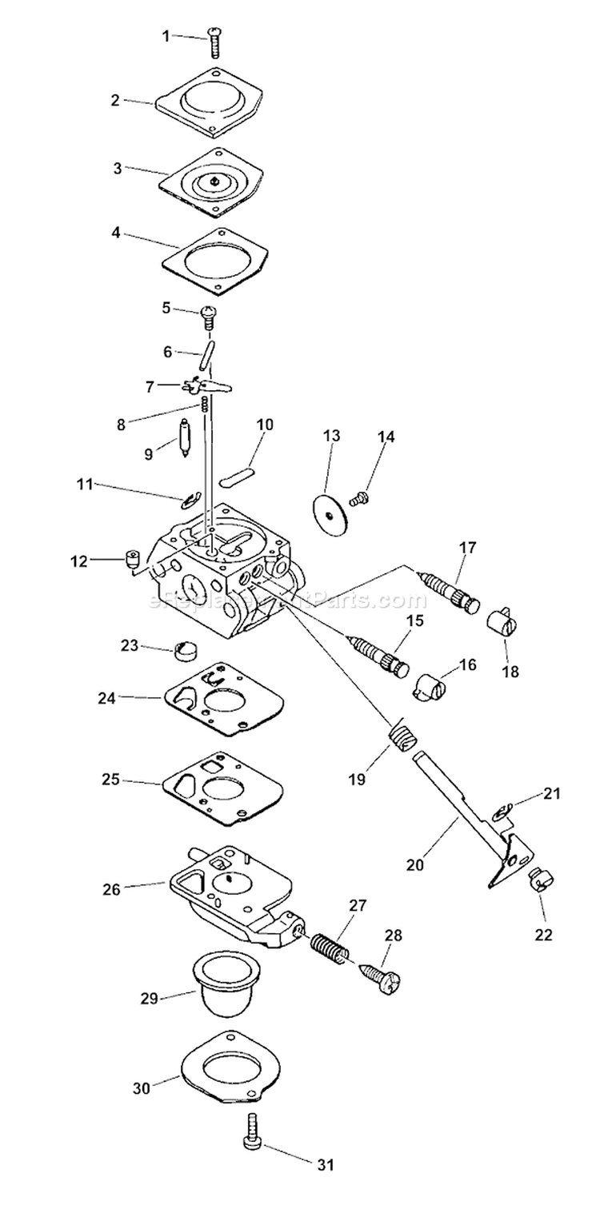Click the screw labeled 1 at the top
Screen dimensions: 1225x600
(x=215, y=42)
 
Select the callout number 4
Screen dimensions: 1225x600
(x=117, y=233)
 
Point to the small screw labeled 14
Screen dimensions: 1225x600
(x=358, y=499)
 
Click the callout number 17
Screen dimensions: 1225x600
(x=467, y=548)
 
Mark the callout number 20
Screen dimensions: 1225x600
(x=414, y=864)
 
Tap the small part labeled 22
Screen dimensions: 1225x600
(x=542, y=883)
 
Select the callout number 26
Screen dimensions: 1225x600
(x=111, y=888)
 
